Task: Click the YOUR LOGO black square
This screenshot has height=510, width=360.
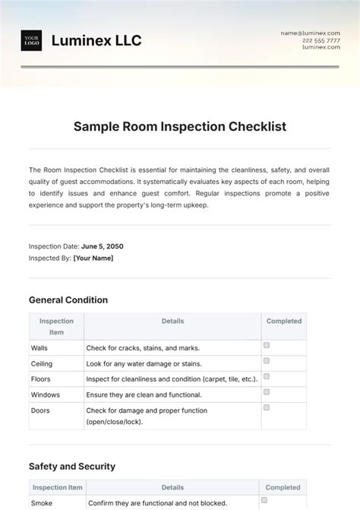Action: (x=31, y=40)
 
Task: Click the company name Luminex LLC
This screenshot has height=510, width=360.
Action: (x=96, y=40)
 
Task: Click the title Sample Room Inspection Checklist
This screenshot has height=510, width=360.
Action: (x=180, y=127)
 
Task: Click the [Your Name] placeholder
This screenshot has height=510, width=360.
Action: (x=93, y=258)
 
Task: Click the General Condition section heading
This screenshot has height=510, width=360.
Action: (x=68, y=299)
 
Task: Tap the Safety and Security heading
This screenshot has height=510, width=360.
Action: (x=72, y=466)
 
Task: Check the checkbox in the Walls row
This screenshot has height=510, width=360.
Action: (x=267, y=345)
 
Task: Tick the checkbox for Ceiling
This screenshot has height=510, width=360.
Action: (x=267, y=361)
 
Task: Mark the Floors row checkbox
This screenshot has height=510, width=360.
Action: (x=267, y=376)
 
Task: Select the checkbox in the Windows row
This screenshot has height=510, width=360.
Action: (x=267, y=391)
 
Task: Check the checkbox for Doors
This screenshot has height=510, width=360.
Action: (x=267, y=407)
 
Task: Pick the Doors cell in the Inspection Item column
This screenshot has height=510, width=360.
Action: (x=40, y=410)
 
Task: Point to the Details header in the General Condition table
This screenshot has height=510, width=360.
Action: (x=172, y=322)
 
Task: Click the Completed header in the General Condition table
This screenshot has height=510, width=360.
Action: (x=283, y=322)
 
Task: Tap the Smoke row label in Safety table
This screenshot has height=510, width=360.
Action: (x=42, y=503)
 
